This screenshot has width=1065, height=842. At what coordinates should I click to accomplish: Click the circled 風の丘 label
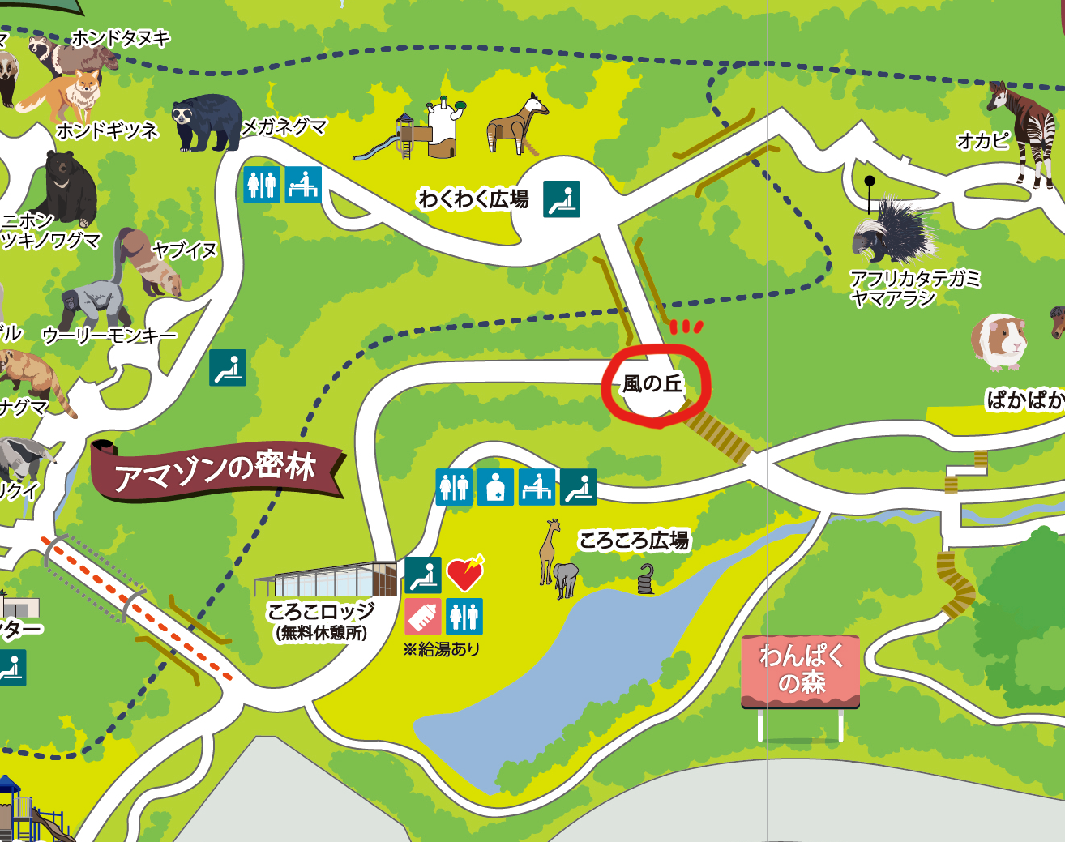pos(653,383)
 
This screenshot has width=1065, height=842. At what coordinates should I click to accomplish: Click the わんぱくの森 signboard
pos(801,669)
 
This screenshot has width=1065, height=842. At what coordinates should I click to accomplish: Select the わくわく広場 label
pos(473,199)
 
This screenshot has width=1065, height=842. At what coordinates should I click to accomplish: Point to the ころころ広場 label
pos(634,540)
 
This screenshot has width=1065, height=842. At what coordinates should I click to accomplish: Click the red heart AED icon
pos(465,573)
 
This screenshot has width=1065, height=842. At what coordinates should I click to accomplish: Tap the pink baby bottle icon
pos(423,617)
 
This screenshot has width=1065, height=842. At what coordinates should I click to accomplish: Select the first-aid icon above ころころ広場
pos(495,487)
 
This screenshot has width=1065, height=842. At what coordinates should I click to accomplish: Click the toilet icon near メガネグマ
pos(262,185)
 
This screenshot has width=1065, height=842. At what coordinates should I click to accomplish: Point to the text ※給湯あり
pos(442,649)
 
